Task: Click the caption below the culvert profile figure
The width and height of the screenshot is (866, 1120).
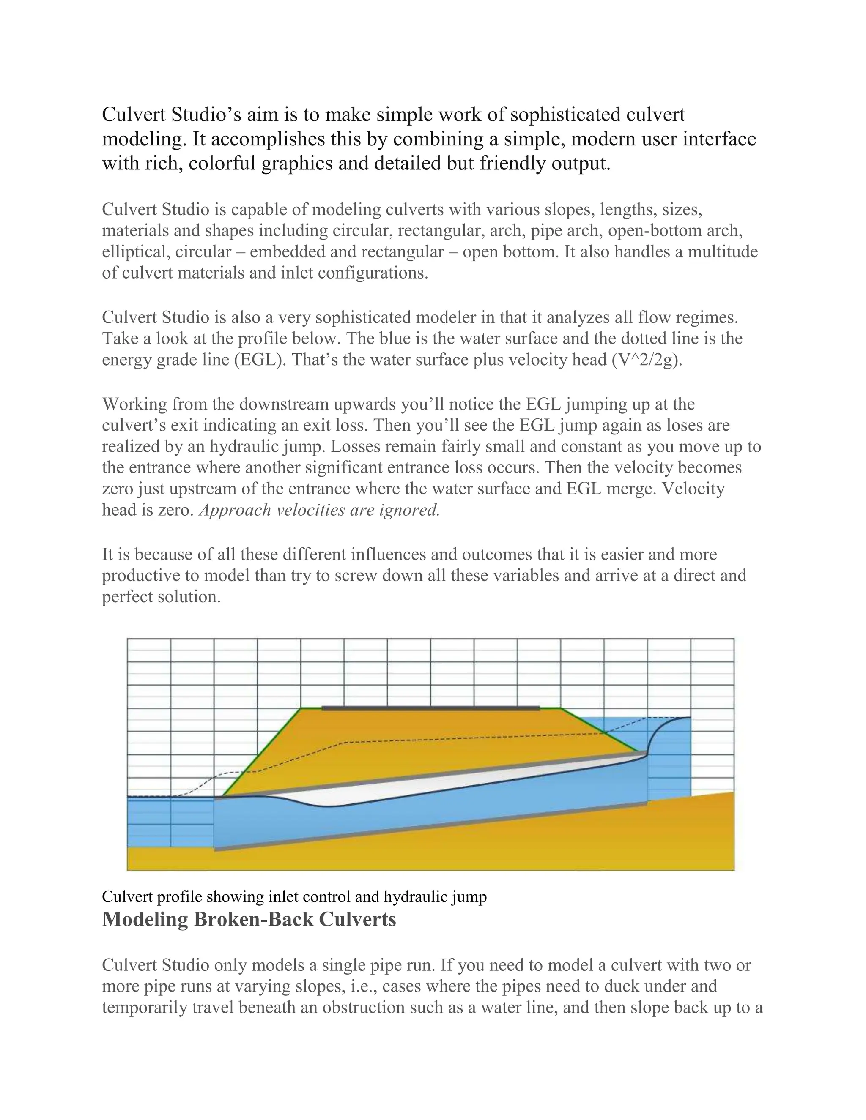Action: click(294, 896)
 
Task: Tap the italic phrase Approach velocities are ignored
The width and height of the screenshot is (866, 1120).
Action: click(319, 510)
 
